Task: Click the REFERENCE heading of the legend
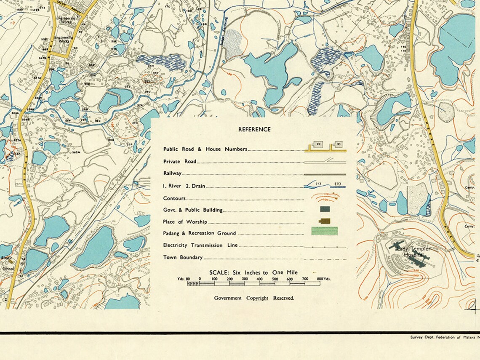(x=254, y=129)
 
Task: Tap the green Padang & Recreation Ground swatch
(x=324, y=231)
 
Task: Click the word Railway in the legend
(x=172, y=173)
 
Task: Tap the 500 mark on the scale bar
(x=275, y=279)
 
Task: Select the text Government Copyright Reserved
(x=254, y=298)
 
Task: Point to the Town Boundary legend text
(x=183, y=257)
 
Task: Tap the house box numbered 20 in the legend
(x=319, y=144)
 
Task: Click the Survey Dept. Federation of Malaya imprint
(x=444, y=337)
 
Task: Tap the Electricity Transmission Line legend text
(x=200, y=245)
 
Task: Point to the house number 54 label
(x=67, y=64)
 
